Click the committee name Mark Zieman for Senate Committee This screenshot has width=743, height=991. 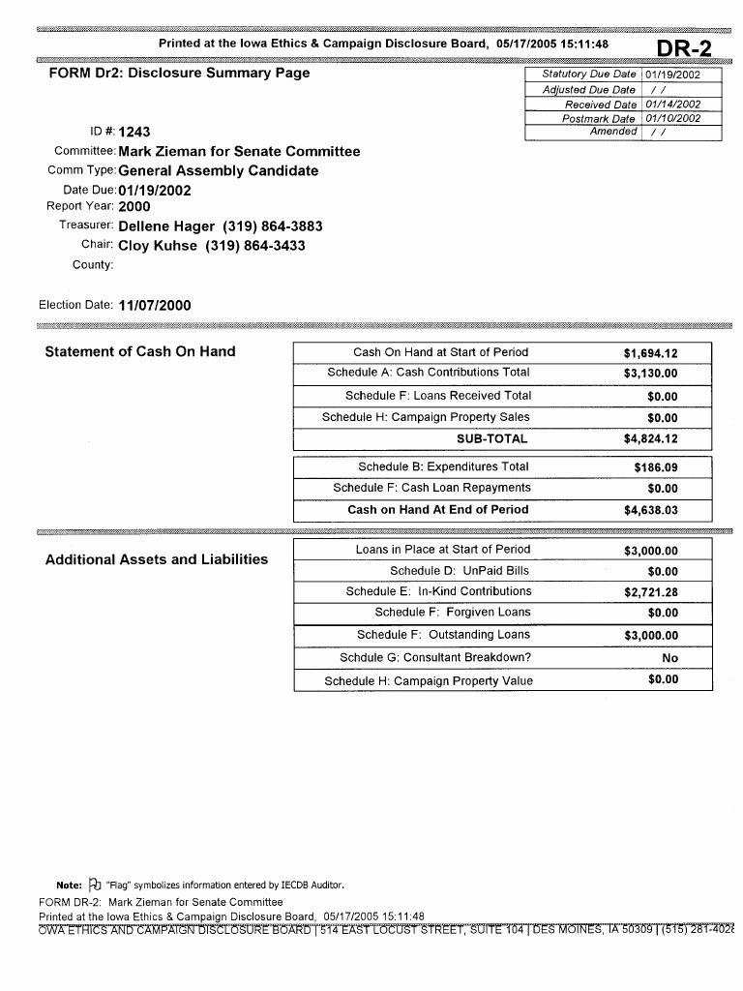click(239, 152)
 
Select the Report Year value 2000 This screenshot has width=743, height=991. click(134, 206)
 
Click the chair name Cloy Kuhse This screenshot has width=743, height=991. click(159, 246)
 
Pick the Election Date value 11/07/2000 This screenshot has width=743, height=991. click(155, 306)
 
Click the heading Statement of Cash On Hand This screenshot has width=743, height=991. click(140, 351)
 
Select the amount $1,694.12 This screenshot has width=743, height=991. click(651, 354)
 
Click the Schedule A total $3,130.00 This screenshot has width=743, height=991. click(651, 374)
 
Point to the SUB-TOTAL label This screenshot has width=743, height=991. click(492, 439)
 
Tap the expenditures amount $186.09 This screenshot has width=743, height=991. click(655, 467)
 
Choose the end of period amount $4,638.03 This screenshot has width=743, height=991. click(651, 510)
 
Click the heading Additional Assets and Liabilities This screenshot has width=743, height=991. click(157, 560)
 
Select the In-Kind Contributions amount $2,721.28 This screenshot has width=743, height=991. click(651, 592)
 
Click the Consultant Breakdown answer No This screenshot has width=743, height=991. click(669, 658)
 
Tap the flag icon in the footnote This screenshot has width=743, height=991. click(94, 884)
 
